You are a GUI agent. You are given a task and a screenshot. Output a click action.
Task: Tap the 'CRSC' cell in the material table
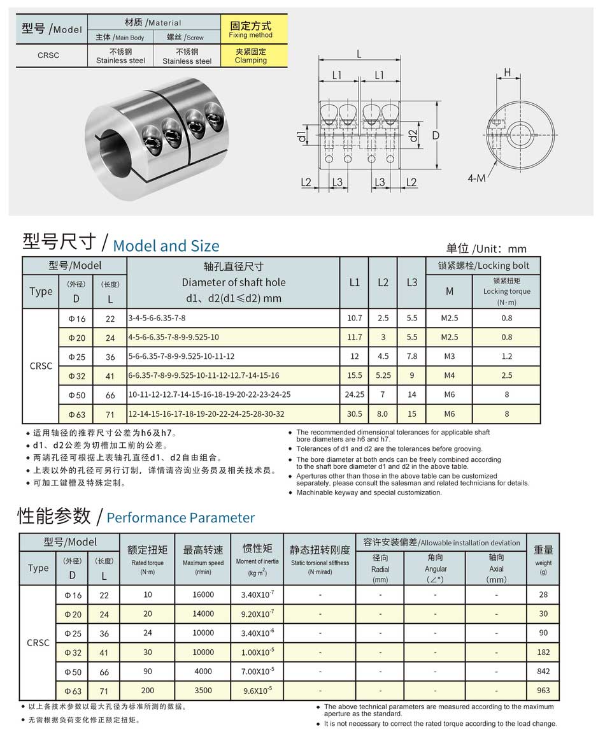[48, 55]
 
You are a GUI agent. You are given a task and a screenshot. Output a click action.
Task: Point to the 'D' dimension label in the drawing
[436, 136]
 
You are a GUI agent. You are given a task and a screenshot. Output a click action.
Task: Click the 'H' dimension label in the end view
[508, 73]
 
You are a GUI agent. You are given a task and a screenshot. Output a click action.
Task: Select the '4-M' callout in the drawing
[476, 178]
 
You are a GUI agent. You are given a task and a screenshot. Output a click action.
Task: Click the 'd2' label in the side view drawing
[413, 136]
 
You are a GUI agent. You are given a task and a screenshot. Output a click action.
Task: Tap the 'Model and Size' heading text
[166, 246]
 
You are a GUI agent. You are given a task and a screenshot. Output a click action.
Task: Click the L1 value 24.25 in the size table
[354, 395]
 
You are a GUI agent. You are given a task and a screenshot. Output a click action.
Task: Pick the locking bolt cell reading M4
[449, 376]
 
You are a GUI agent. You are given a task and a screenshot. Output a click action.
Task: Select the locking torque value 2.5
[506, 376]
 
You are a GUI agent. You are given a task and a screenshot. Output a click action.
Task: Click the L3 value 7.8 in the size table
[411, 356]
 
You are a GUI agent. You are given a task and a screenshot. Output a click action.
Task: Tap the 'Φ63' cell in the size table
[76, 415]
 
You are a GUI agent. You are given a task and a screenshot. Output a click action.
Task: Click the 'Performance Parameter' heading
[180, 517]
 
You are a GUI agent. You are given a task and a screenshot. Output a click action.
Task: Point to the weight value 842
[543, 672]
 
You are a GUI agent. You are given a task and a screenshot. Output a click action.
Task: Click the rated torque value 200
[147, 691]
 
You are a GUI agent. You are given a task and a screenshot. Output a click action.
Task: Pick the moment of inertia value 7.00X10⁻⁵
[258, 672]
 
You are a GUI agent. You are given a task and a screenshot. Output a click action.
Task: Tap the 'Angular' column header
[436, 569]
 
